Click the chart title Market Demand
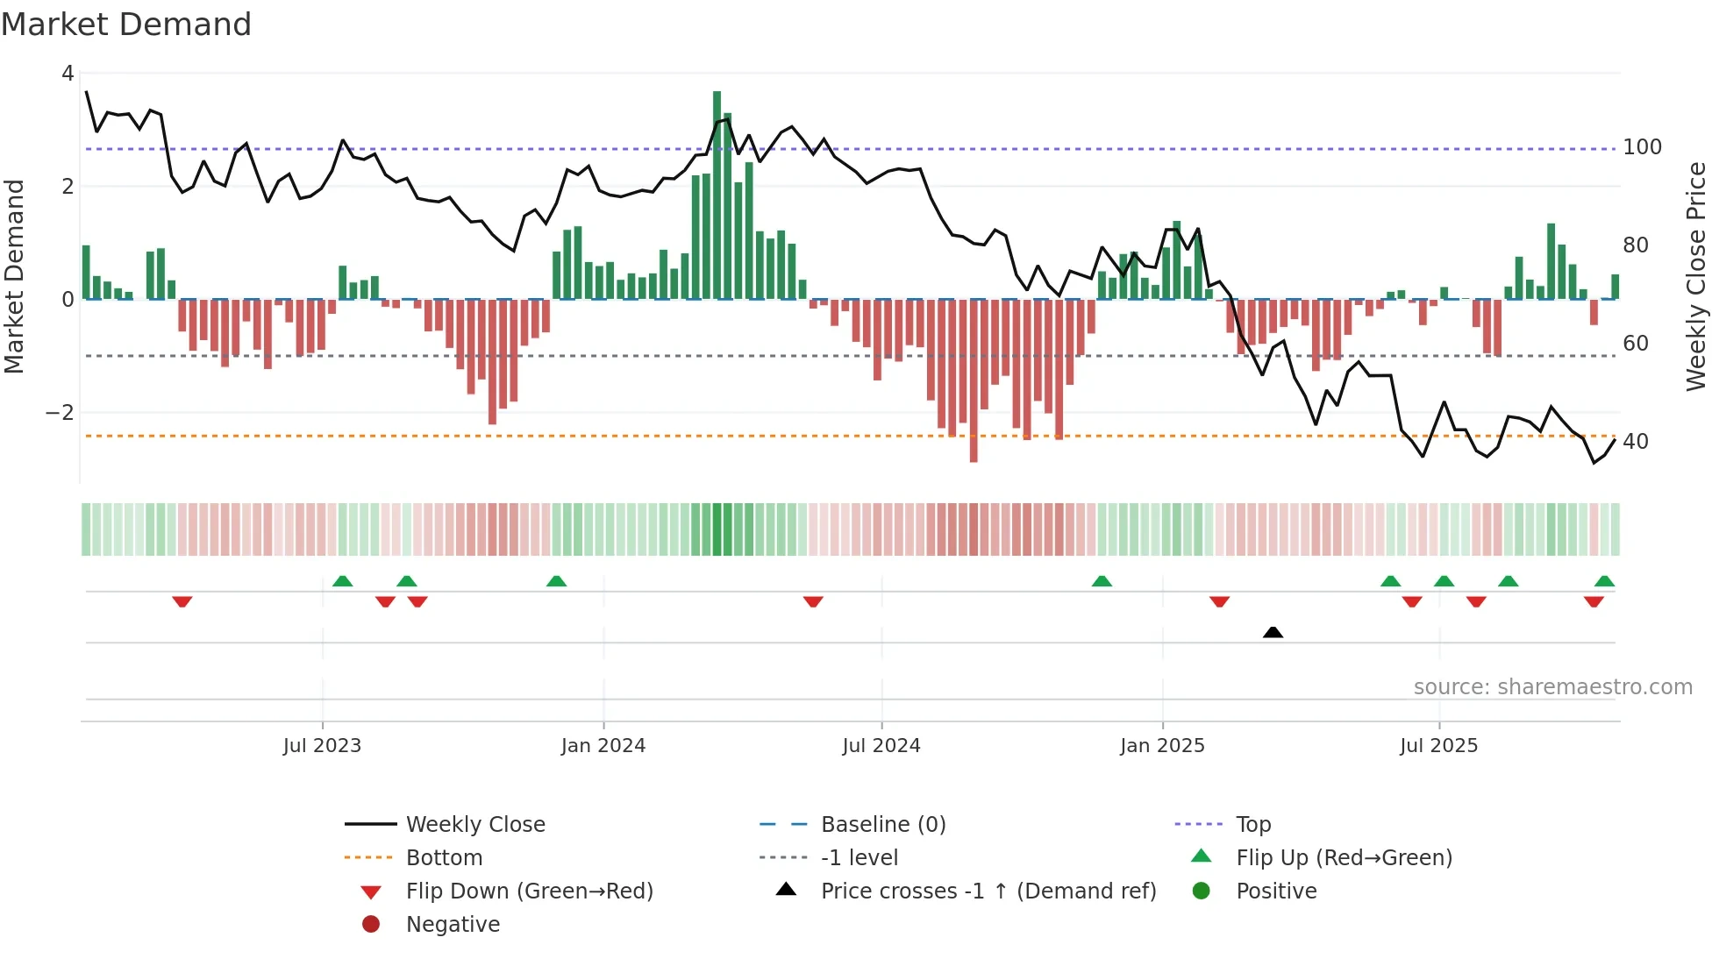(x=126, y=25)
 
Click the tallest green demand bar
(x=717, y=195)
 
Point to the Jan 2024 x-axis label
(x=603, y=746)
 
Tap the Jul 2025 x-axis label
(x=1438, y=746)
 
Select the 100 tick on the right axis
(x=1642, y=147)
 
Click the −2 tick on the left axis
(x=60, y=413)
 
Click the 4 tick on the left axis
(x=68, y=74)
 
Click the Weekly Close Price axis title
(x=1696, y=276)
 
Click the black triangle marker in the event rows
(x=1273, y=632)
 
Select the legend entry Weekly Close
(x=475, y=825)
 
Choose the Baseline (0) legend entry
(x=882, y=825)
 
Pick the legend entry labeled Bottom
(x=444, y=858)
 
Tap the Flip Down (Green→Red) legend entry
(x=529, y=891)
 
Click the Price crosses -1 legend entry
(x=988, y=891)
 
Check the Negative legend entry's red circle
(x=371, y=925)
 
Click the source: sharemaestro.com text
(x=1552, y=687)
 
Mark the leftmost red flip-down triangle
(x=182, y=601)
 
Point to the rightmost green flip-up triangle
(x=1604, y=581)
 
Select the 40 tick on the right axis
(x=1635, y=442)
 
